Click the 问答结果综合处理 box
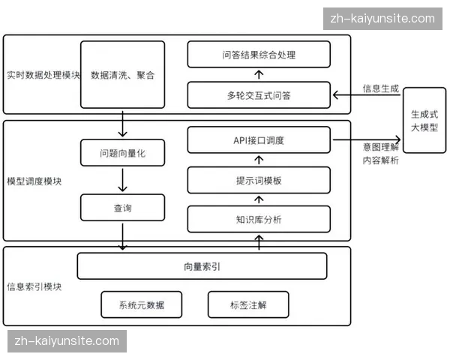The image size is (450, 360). pos(259,55)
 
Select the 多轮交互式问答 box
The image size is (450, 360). pos(259,95)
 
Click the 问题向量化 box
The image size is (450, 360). pos(122,153)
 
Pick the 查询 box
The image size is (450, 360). pos(122,208)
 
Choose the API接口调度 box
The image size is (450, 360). pos(259,140)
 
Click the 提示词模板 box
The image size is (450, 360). pos(259,181)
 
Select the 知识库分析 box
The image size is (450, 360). pos(259,220)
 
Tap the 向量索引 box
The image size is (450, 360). pos(202,265)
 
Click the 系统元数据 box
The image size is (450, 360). pos(141,304)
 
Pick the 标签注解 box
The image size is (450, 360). pos(248,304)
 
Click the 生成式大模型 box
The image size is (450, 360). pos(424,121)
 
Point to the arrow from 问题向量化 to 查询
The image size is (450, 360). pos(122,180)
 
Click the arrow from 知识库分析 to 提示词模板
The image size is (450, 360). pos(259,200)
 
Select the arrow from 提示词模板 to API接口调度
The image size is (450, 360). pos(259,160)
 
